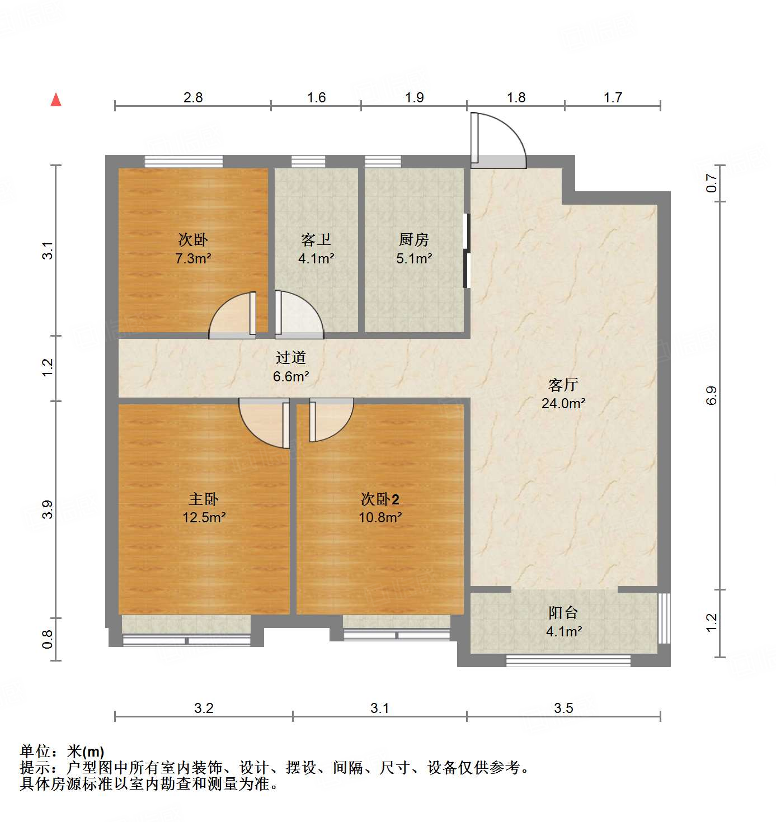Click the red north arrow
pyautogui.click(x=56, y=100)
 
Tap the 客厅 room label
pyautogui.click(x=563, y=385)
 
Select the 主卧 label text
pyautogui.click(x=204, y=499)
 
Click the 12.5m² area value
pyautogui.click(x=204, y=517)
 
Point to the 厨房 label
pyautogui.click(x=414, y=240)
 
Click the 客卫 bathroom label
pyautogui.click(x=316, y=240)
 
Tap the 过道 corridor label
pyautogui.click(x=291, y=357)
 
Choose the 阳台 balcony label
pyautogui.click(x=563, y=613)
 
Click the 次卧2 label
pyautogui.click(x=380, y=499)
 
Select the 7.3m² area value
pyautogui.click(x=193, y=258)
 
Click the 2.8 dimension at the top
pyautogui.click(x=193, y=98)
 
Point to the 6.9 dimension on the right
pyautogui.click(x=711, y=396)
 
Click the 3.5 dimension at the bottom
pyautogui.click(x=563, y=708)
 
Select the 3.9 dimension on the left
pyautogui.click(x=48, y=509)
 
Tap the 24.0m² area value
pyautogui.click(x=563, y=403)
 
